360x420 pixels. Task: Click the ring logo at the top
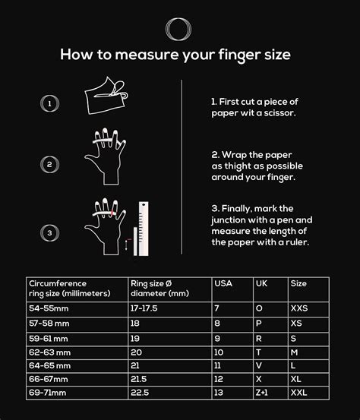(180, 28)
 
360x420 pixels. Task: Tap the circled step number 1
(49, 103)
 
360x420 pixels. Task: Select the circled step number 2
(49, 163)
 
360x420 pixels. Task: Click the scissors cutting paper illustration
(107, 96)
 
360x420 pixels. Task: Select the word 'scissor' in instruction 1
(274, 113)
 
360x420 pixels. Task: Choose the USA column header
(223, 283)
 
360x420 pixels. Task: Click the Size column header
(298, 283)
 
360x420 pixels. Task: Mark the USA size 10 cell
(219, 352)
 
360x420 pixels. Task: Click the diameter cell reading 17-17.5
(145, 308)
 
